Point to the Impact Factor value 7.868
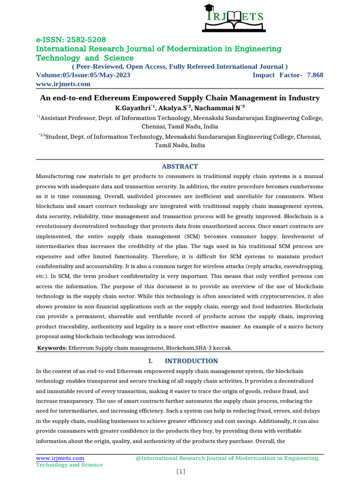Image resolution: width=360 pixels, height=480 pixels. [x=315, y=75]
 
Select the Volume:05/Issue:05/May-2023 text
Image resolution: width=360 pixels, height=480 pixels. [x=83, y=75]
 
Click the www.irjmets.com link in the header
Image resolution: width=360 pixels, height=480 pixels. [x=63, y=84]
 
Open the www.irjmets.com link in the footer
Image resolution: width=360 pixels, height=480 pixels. [x=60, y=457]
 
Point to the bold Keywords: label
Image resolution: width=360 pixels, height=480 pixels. [x=52, y=348]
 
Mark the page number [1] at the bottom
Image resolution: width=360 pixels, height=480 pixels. [x=180, y=472]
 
